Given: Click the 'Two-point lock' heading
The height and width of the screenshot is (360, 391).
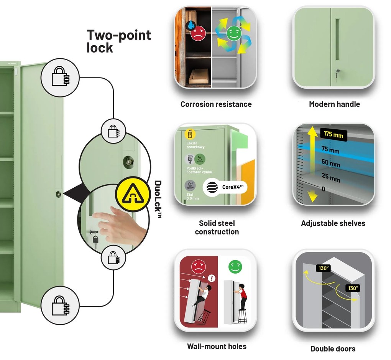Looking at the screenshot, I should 118,41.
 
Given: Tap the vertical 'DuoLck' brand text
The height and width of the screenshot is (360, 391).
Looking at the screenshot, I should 158,200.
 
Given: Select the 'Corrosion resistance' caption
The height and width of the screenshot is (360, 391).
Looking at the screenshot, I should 216,104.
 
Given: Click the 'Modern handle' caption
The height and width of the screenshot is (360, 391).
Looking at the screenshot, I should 334,104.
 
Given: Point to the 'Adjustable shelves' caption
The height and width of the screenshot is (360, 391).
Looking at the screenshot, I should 333,223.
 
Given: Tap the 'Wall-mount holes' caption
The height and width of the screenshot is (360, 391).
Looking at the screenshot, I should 217,346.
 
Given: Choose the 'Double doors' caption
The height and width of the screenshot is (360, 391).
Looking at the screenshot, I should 333,349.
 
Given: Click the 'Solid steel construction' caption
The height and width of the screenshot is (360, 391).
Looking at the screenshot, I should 217,227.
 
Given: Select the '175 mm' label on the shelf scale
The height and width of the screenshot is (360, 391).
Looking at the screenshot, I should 333,134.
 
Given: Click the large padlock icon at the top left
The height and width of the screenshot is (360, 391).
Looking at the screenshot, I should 61,78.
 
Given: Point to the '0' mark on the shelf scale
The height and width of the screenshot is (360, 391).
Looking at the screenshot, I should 323,189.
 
